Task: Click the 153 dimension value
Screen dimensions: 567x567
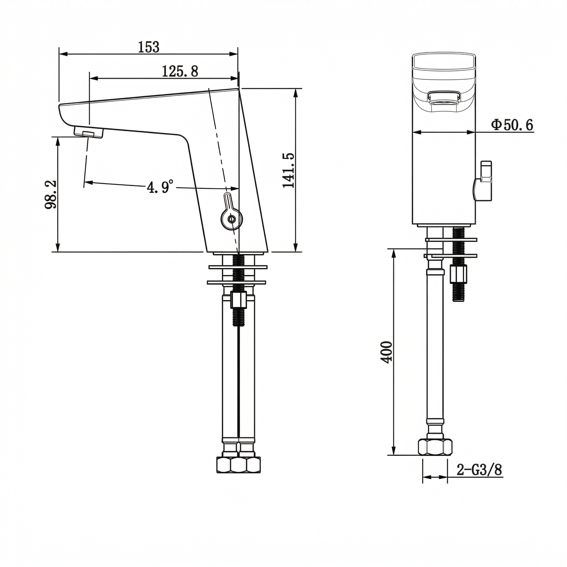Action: point(149,47)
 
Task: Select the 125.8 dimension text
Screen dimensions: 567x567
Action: point(180,71)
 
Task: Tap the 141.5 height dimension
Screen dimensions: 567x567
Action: point(288,170)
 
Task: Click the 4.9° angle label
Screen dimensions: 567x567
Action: point(160,187)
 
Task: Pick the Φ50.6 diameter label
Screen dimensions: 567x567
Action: point(512,125)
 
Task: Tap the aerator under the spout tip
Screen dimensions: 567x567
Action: point(89,132)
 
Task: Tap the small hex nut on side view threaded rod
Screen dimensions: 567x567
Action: point(238,299)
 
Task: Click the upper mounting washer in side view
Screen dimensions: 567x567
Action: point(238,267)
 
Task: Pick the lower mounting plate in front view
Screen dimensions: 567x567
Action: point(450,256)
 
